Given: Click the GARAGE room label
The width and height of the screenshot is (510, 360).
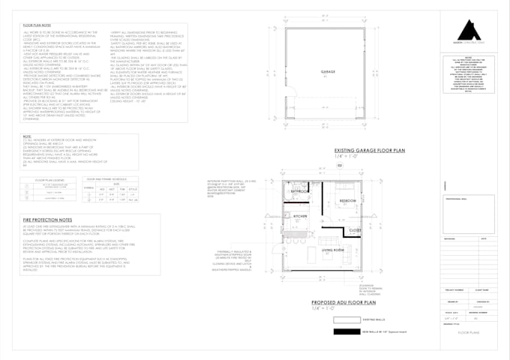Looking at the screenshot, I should [327, 73].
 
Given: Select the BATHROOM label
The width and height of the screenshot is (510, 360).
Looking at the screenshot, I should [299, 191].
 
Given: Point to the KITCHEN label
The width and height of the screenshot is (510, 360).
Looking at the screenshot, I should [301, 216].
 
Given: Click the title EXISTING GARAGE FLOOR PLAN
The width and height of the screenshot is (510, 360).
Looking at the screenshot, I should [370, 151].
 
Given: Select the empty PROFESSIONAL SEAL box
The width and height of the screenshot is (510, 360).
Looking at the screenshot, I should [469, 214].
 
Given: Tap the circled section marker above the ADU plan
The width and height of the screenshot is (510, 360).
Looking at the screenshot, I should [338, 164].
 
